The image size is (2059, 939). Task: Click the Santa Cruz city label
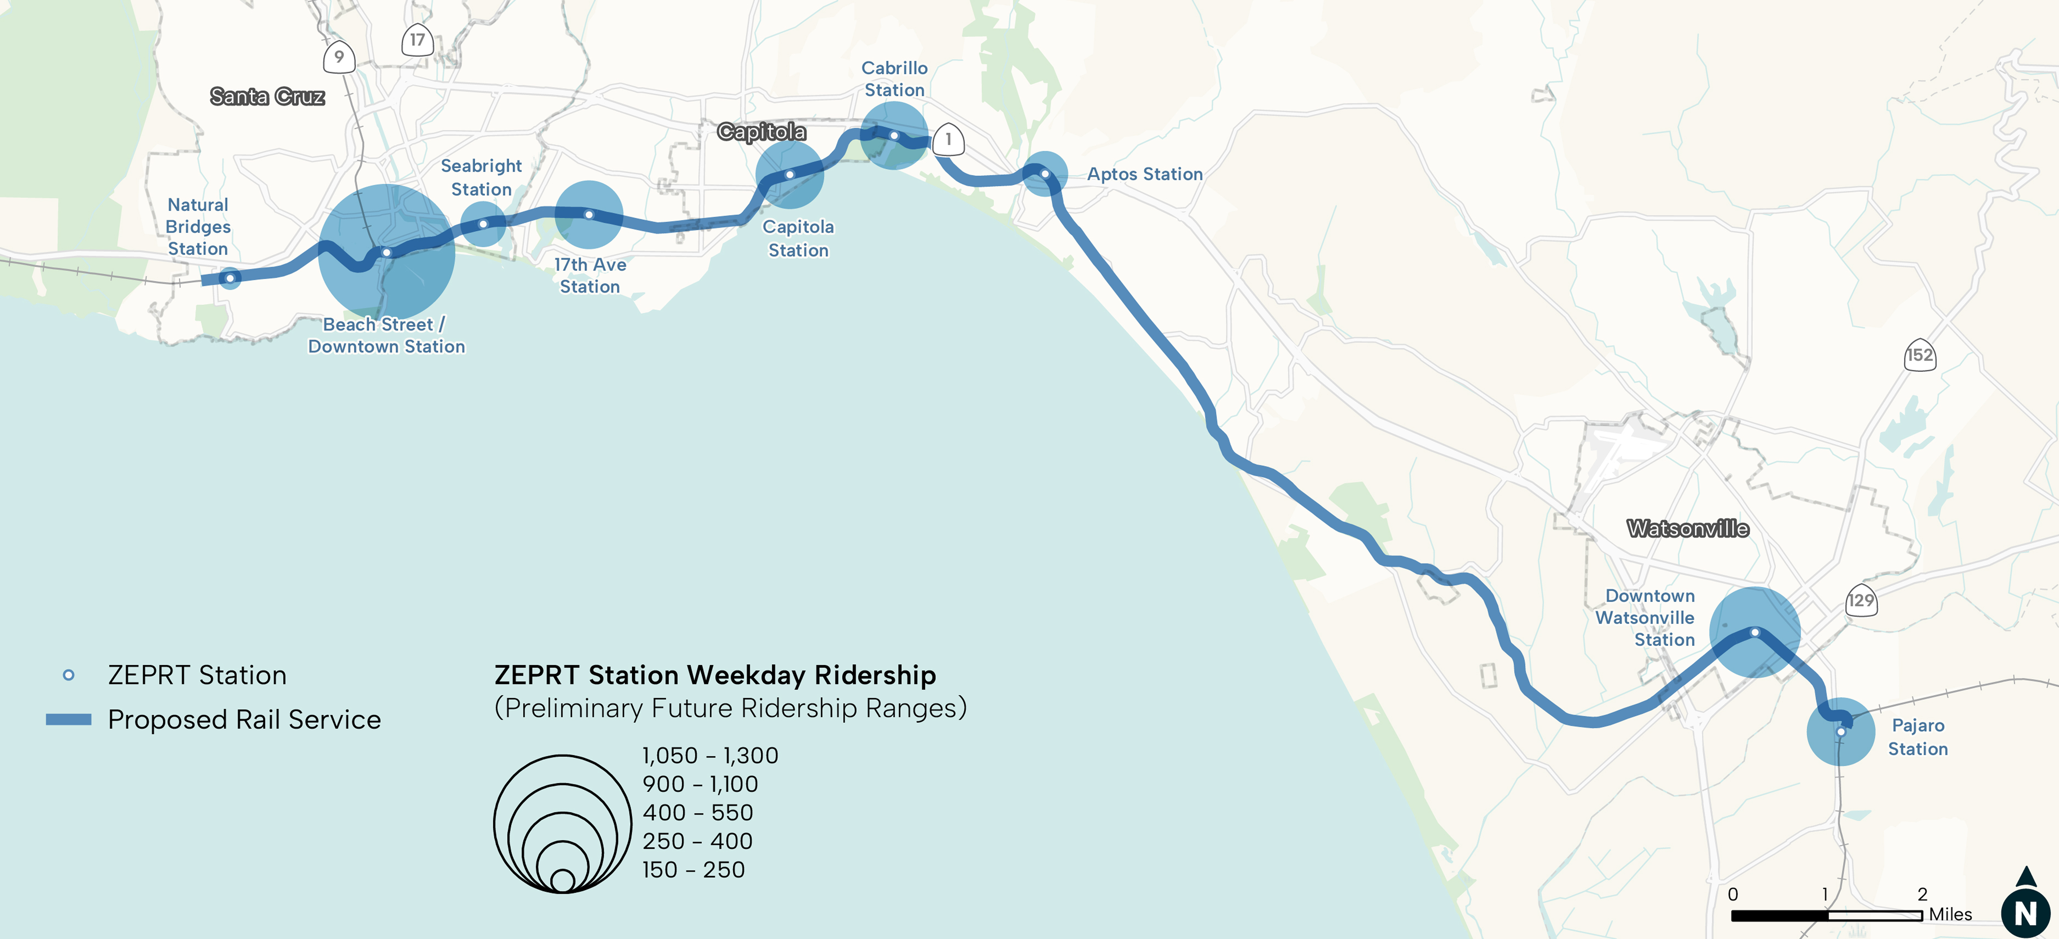267,97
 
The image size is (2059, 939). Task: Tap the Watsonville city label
1687,528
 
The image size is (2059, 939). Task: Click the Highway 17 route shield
417,40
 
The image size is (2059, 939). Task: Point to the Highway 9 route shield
339,57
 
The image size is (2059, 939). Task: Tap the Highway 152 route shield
1919,355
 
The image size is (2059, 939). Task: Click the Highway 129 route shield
1861,600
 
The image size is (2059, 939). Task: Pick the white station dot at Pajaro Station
1840,731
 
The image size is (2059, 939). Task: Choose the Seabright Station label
481,177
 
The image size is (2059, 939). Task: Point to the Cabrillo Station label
894,79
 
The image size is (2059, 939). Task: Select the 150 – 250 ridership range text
693,870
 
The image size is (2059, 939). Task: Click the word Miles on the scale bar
1950,914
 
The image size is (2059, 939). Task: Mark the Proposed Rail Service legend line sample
69,719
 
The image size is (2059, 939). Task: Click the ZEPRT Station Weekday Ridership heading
715,675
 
